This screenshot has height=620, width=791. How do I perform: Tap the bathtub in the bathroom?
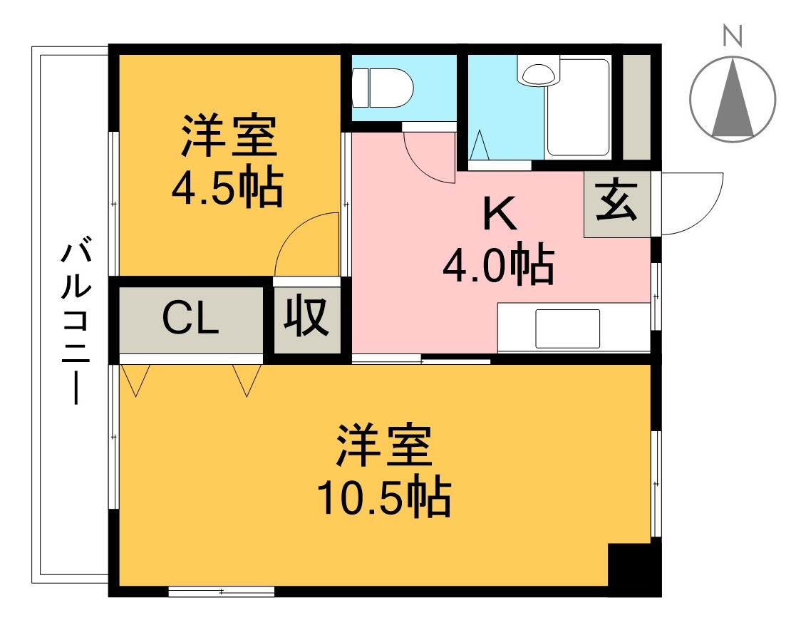pyautogui.click(x=578, y=108)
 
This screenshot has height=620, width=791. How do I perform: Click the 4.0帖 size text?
pyautogui.click(x=498, y=264)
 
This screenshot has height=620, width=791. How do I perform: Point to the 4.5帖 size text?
pyautogui.click(x=227, y=187)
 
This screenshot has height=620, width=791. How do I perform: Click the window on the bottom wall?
pyautogui.click(x=222, y=591)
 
